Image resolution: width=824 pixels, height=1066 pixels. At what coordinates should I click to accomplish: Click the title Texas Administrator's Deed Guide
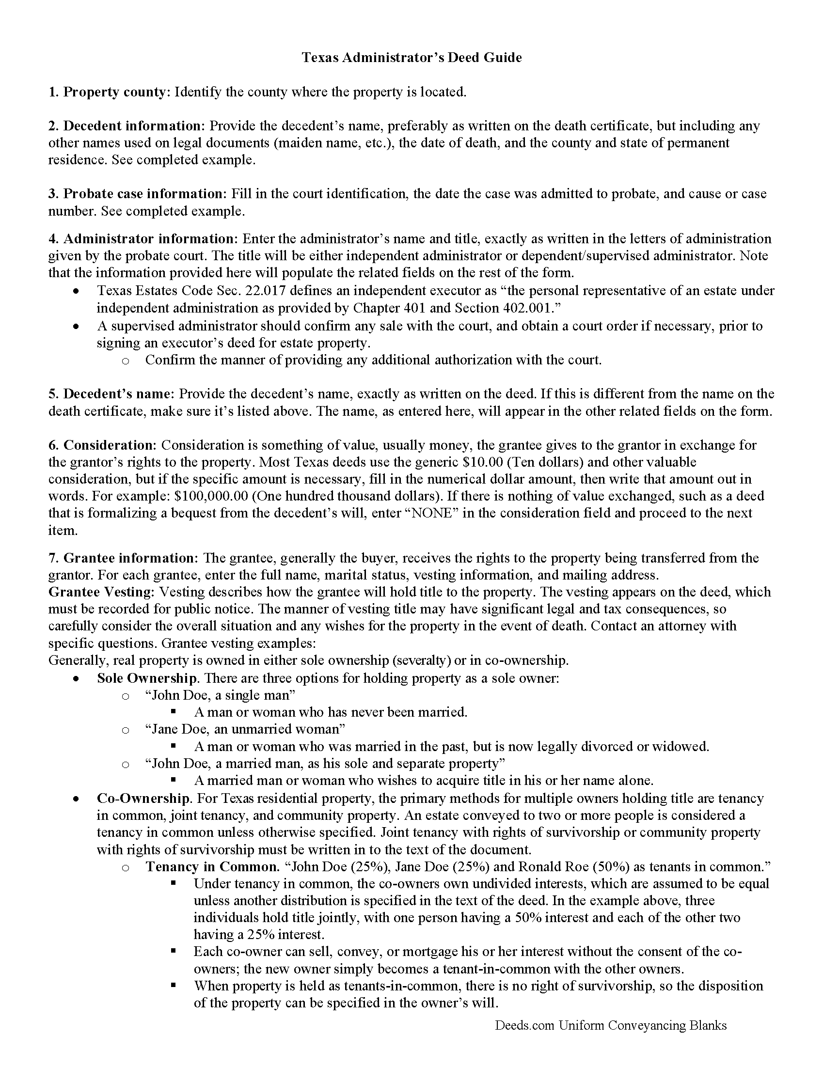[x=412, y=58]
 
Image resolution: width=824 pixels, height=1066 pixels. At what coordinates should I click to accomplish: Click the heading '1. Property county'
[x=108, y=92]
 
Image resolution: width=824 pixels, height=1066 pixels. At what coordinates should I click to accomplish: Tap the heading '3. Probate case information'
[x=137, y=194]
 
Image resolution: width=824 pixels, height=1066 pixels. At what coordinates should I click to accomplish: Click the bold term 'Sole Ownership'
[x=146, y=678]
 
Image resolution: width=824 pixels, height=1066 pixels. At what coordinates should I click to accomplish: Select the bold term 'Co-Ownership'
[x=143, y=799]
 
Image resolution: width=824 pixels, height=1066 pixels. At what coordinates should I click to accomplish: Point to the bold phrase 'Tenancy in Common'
[x=211, y=867]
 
